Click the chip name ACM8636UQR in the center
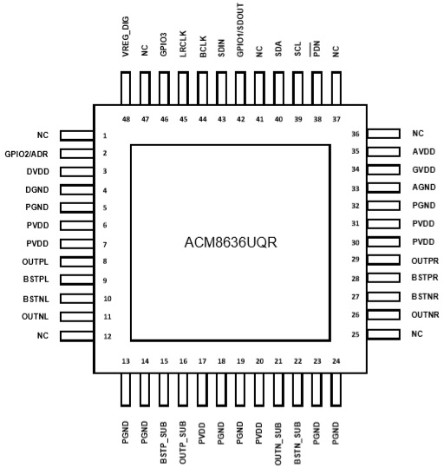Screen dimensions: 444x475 (231, 242)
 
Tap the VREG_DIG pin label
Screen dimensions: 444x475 (126, 36)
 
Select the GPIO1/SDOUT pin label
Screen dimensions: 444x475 (240, 30)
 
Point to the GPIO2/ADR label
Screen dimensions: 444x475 (26, 155)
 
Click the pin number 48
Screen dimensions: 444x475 (126, 119)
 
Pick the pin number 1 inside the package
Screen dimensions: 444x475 (105, 135)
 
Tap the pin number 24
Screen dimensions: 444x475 (336, 361)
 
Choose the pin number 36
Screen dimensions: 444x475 (356, 134)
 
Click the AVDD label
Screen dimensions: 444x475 (424, 151)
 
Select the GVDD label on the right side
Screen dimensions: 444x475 (424, 169)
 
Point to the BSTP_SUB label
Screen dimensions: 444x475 (164, 443)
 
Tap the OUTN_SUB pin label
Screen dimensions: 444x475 (278, 444)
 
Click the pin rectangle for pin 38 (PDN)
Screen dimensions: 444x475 (317, 89)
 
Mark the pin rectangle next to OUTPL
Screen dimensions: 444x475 (77, 261)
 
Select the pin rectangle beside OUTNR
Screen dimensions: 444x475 (383, 314)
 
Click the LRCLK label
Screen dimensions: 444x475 (183, 43)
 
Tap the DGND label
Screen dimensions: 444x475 (37, 190)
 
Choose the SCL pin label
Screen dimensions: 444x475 (297, 49)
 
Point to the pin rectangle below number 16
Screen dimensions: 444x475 (183, 390)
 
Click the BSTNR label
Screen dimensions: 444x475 (425, 297)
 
